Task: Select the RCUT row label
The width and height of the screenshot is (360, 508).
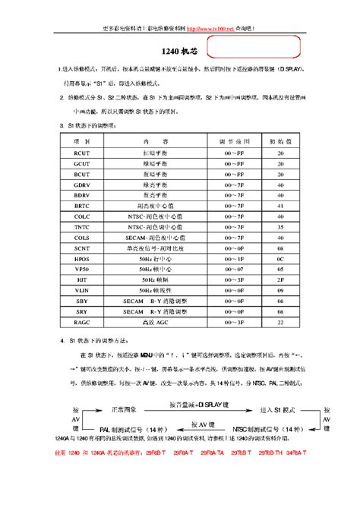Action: coord(81,153)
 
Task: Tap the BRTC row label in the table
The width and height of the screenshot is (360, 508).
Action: coord(81,205)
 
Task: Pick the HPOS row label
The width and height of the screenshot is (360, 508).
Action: coord(81,258)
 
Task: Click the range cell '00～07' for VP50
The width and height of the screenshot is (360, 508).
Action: coord(232,269)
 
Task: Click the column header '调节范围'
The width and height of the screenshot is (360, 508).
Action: coord(232,141)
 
